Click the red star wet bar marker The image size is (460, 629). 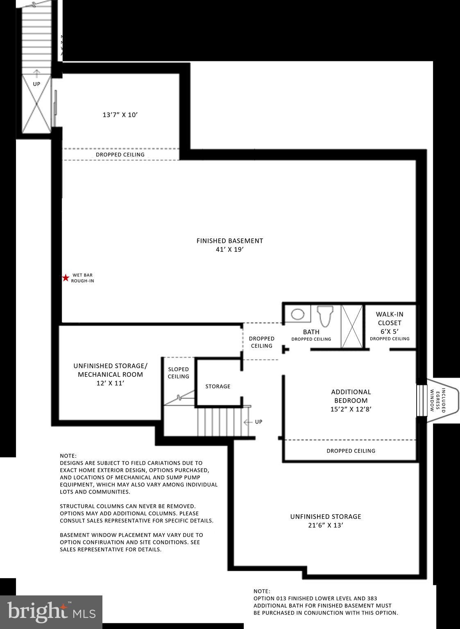pyautogui.click(x=66, y=278)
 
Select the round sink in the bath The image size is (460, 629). pyautogui.click(x=298, y=314)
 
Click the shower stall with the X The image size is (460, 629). pyautogui.click(x=352, y=326)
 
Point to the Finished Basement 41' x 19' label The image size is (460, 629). pyautogui.click(x=229, y=245)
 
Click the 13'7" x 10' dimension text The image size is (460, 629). pyautogui.click(x=120, y=115)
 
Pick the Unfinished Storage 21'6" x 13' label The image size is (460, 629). pyautogui.click(x=326, y=521)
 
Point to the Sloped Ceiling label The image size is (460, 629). pyautogui.click(x=179, y=373)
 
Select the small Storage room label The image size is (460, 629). pyautogui.click(x=218, y=387)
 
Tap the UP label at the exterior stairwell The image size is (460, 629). pyautogui.click(x=36, y=84)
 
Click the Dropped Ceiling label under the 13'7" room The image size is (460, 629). pyautogui.click(x=120, y=155)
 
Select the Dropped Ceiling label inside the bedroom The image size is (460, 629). pyautogui.click(x=351, y=451)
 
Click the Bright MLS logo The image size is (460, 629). pyautogui.click(x=51, y=612)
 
